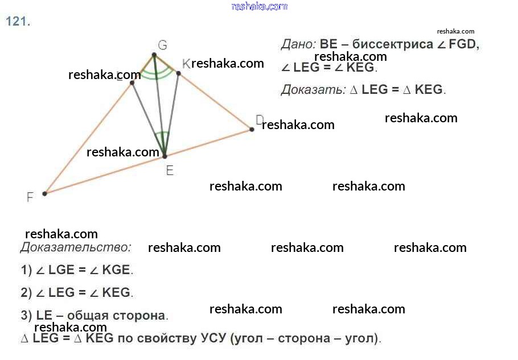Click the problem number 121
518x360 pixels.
tap(18, 22)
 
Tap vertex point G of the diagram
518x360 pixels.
tap(154, 55)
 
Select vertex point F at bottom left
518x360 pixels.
tap(45, 193)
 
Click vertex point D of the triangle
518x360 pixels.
tap(252, 130)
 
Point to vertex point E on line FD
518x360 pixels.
tap(165, 155)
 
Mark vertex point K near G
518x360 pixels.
tap(178, 73)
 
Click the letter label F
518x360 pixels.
tap(30, 197)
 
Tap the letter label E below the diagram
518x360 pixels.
tap(170, 170)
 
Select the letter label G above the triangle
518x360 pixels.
tap(162, 45)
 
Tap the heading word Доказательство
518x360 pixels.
tap(76, 247)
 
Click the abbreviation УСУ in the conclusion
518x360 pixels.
tap(213, 338)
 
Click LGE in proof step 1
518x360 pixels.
tap(61, 270)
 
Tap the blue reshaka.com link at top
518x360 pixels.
tap(260, 6)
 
